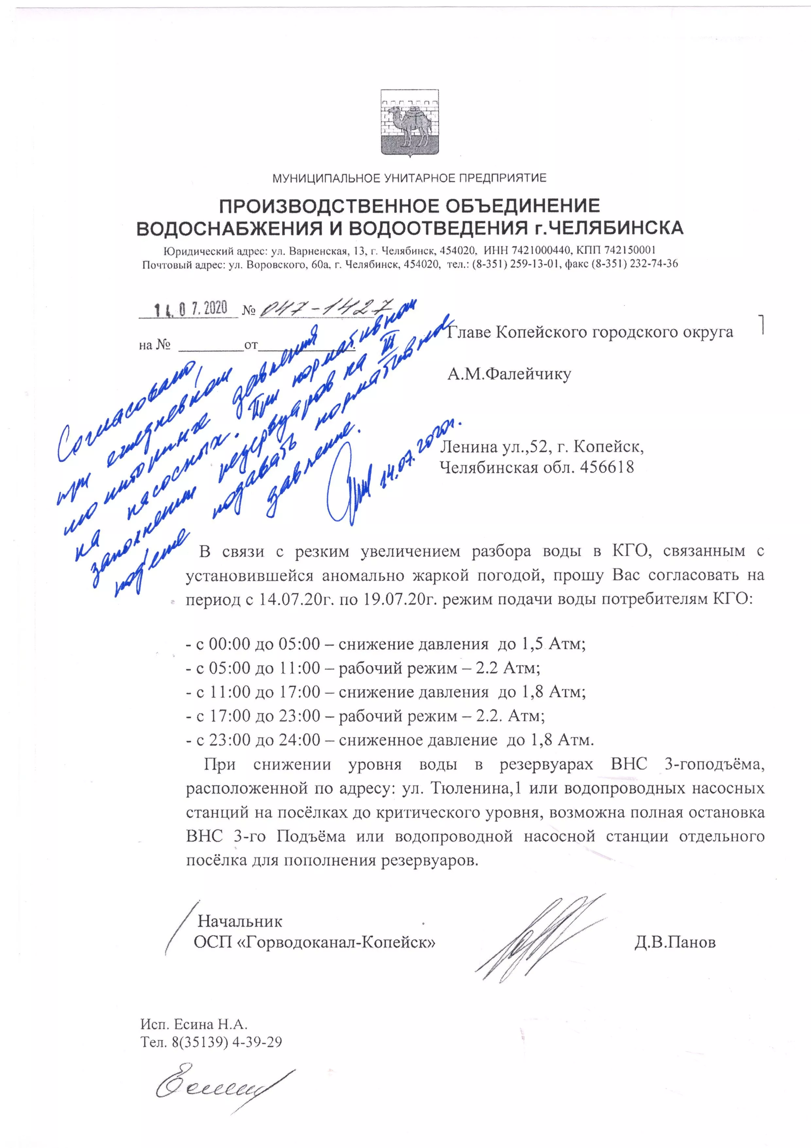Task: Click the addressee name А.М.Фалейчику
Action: pos(509,374)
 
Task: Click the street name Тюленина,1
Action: pos(477,788)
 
